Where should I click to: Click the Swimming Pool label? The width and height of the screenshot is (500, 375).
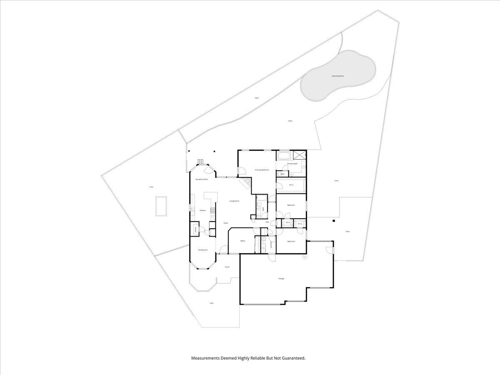tap(337, 76)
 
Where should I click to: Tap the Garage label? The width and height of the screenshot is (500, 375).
tap(281, 278)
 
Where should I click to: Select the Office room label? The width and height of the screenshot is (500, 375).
tap(242, 241)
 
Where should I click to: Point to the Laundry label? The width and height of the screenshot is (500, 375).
tap(271, 245)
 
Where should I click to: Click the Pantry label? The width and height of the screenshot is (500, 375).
tap(195, 229)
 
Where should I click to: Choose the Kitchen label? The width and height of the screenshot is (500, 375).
tap(202, 210)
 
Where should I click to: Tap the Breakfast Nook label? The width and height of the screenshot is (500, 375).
tap(202, 179)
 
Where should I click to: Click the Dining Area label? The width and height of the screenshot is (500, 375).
tap(203, 250)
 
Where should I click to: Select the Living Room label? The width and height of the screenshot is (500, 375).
tap(234, 201)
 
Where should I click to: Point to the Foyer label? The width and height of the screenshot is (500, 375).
tap(225, 223)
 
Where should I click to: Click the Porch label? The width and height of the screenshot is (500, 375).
tap(227, 267)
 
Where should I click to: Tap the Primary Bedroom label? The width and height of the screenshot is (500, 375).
tap(262, 170)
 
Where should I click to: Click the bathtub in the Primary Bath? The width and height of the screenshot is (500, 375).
tap(284, 156)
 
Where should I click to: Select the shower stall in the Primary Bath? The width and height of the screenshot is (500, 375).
tap(299, 155)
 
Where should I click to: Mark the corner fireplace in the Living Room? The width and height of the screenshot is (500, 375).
tap(246, 182)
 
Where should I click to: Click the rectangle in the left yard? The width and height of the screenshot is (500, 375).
tap(161, 206)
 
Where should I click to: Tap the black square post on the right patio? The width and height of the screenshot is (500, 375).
tap(333, 220)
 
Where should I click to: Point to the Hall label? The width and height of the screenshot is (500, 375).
tap(267, 222)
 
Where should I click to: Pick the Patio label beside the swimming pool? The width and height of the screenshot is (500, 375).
tap(290, 121)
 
